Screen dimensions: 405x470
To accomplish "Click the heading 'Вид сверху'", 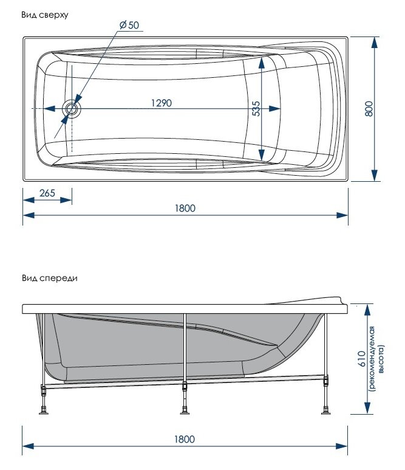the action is [x=44, y=15].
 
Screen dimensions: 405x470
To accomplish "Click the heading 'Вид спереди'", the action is [x=50, y=278].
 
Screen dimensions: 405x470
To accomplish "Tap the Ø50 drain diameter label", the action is [x=129, y=25].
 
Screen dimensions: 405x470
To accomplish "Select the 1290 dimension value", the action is [x=162, y=103].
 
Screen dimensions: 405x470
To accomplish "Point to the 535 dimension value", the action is [x=256, y=108].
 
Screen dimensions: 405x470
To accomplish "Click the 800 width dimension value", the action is [x=369, y=108].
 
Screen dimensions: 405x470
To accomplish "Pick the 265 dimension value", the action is [x=47, y=193].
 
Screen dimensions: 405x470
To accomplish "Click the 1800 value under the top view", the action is [x=185, y=208].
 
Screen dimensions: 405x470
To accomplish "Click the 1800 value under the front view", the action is [x=185, y=439].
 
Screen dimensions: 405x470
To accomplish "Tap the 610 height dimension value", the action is [x=361, y=359].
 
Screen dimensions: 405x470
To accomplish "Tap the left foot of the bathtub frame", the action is [x=44, y=410].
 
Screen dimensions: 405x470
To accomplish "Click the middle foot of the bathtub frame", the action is [x=185, y=410].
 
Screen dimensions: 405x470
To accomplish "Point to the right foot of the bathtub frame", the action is [x=325, y=410].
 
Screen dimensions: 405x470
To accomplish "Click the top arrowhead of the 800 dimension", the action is [x=374, y=43].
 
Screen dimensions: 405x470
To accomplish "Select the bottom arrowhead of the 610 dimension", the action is [x=367, y=409].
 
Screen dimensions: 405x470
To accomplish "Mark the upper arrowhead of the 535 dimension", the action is [x=262, y=63].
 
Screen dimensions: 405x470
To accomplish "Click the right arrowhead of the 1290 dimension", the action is [x=274, y=108].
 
